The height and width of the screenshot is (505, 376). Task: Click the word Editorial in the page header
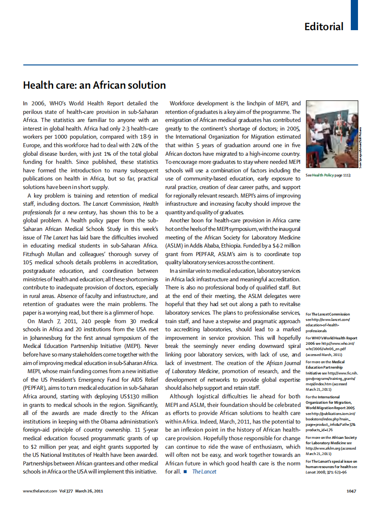(x=324, y=26)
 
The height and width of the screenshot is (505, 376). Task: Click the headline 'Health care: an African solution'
(x=95, y=85)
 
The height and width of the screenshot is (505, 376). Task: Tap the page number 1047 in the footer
(x=352, y=491)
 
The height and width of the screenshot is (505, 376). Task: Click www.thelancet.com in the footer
(x=40, y=491)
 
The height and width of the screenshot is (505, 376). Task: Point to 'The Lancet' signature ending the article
(x=204, y=471)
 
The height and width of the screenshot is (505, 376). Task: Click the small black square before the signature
(x=185, y=471)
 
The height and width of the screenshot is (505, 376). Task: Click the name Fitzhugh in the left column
(x=34, y=254)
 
